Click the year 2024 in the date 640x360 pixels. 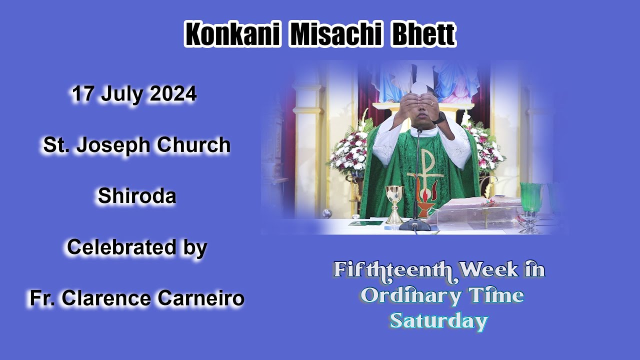pyautogui.click(x=173, y=94)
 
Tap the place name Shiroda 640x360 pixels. pyautogui.click(x=136, y=196)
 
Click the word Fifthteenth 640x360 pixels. pyautogui.click(x=393, y=270)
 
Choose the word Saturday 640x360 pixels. pyautogui.click(x=438, y=320)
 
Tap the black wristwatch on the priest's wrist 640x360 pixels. pyautogui.click(x=439, y=118)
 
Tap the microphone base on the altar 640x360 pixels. pyautogui.click(x=415, y=225)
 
